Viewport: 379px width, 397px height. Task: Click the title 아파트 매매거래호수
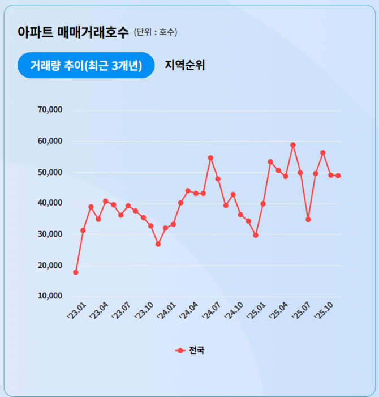pyautogui.click(x=73, y=32)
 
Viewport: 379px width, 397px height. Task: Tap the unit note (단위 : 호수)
pyautogui.click(x=156, y=32)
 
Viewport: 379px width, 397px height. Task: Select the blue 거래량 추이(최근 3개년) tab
pyautogui.click(x=85, y=65)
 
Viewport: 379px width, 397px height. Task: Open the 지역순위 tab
pyautogui.click(x=184, y=65)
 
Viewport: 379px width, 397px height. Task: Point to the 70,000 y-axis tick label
pyautogui.click(x=49, y=110)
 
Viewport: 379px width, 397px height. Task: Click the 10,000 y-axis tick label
pyautogui.click(x=49, y=296)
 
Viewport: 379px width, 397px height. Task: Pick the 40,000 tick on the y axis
pyautogui.click(x=49, y=203)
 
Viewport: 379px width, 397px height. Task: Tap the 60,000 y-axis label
pyautogui.click(x=49, y=141)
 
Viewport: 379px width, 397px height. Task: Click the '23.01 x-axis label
pyautogui.click(x=76, y=311)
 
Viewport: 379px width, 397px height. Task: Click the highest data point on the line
pyautogui.click(x=293, y=145)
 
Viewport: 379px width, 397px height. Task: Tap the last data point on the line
pyautogui.click(x=338, y=176)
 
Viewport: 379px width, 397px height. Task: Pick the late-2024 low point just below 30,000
pyautogui.click(x=256, y=235)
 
